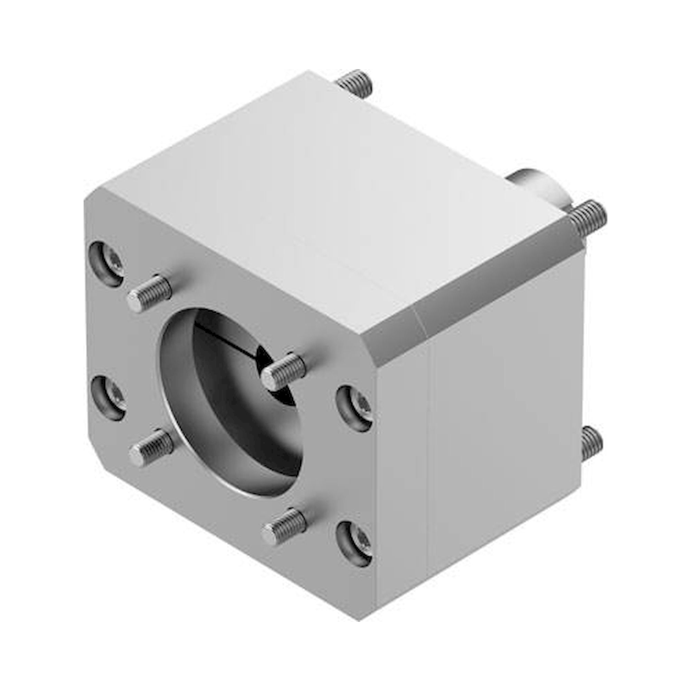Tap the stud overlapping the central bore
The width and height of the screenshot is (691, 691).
click(284, 371)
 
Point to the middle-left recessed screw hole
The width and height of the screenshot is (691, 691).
click(107, 397)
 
